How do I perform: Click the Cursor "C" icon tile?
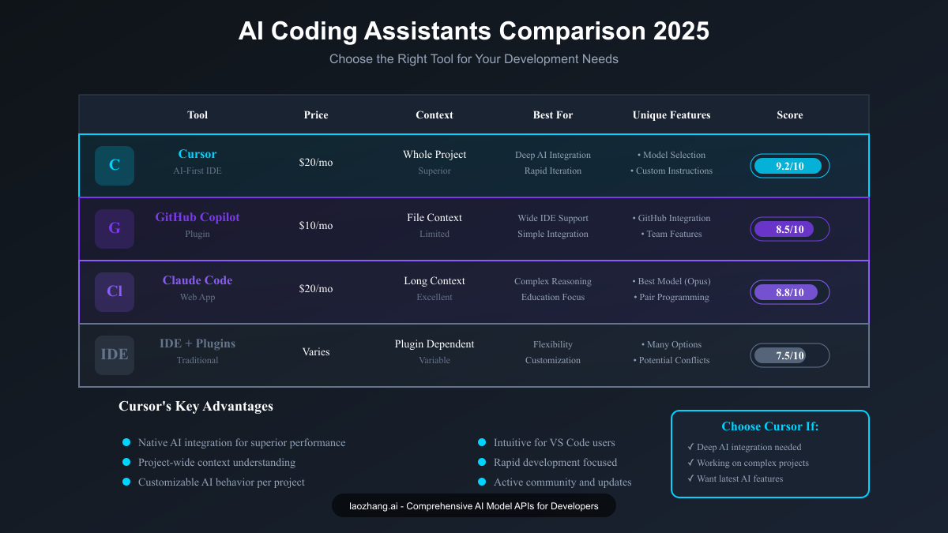pos(115,166)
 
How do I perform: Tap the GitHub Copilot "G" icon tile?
pos(115,229)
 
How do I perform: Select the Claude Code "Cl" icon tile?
pos(115,292)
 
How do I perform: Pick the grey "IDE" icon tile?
pos(115,355)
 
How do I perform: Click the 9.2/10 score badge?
pos(789,166)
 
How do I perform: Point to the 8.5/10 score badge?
pos(789,229)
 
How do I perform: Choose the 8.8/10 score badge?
pos(789,292)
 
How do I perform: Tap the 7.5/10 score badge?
pos(789,355)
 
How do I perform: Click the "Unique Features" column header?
pos(671,115)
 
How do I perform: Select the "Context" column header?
pos(434,115)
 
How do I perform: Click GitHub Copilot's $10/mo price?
pos(316,226)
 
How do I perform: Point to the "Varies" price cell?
pos(316,352)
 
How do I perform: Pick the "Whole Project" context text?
pos(434,155)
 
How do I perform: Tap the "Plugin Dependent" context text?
pos(434,344)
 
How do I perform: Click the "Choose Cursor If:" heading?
pos(770,426)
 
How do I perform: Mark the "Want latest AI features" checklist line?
pos(739,479)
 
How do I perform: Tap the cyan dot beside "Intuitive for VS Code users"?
pos(482,443)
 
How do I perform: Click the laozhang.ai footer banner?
pos(474,506)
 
